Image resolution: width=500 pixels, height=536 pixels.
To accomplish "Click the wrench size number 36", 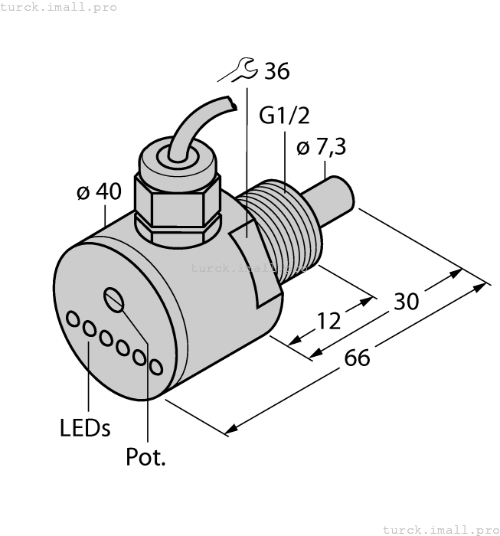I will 276,72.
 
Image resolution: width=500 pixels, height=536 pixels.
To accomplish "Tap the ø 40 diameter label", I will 99,191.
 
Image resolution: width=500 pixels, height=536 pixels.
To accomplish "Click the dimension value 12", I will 329,320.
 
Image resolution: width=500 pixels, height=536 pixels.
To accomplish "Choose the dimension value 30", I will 406,301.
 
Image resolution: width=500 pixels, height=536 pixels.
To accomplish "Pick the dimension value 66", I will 357,357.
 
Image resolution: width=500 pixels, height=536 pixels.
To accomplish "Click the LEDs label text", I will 84,427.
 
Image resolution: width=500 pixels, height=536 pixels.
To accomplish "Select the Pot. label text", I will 145,458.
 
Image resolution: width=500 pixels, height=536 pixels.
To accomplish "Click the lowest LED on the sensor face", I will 156,368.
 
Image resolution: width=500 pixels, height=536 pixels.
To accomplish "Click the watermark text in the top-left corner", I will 59,7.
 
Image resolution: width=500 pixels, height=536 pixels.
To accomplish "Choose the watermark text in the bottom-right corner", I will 440,528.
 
